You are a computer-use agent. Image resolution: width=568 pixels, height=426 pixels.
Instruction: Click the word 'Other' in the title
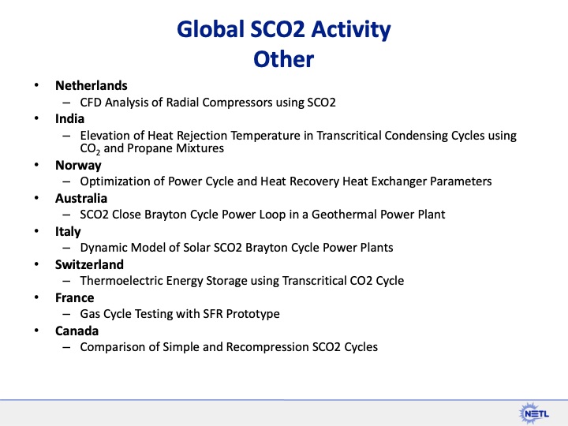click(283, 59)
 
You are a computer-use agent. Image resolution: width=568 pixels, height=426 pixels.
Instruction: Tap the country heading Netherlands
click(91, 85)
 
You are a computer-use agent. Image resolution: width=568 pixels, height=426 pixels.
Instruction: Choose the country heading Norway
click(78, 166)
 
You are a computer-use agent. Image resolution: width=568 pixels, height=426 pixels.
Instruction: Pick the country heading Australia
click(81, 198)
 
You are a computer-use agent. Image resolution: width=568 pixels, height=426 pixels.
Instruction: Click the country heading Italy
click(68, 231)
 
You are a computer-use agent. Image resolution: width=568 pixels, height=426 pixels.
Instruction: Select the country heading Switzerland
click(89, 264)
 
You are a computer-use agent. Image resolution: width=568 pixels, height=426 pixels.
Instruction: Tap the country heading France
click(74, 297)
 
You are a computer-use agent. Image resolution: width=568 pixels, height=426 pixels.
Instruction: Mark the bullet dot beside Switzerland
click(35, 265)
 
